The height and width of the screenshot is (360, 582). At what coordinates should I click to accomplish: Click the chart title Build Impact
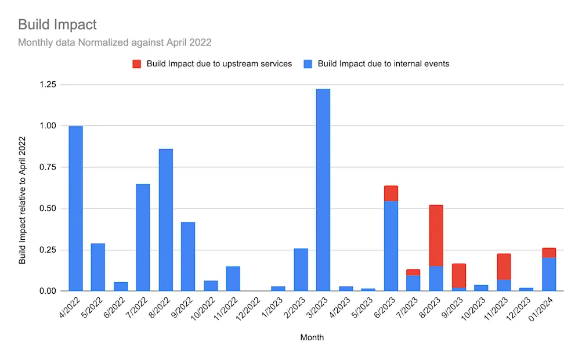57,24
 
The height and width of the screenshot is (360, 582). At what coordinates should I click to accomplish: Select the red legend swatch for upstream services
136,64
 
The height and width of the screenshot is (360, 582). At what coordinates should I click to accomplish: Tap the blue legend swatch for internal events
308,64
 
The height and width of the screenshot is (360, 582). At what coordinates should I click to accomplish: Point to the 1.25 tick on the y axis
47,85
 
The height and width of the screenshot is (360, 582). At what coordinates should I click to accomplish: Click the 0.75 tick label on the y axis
47,167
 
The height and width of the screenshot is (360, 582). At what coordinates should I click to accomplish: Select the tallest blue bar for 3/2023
323,192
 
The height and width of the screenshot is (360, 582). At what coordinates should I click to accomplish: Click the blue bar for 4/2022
75,209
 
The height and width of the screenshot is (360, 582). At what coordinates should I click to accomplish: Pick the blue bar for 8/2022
166,221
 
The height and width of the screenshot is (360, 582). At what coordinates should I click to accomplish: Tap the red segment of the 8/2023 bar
436,235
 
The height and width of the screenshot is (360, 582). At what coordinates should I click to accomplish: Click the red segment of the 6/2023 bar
391,193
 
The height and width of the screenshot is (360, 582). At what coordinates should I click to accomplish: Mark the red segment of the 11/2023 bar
504,267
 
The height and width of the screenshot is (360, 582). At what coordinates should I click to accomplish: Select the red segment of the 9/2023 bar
458,275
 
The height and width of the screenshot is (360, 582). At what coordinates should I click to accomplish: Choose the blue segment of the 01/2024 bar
549,274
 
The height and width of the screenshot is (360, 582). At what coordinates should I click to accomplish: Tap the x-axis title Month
312,337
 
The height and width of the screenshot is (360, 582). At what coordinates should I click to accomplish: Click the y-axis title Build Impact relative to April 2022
23,200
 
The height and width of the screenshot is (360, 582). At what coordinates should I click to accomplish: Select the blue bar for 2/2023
301,269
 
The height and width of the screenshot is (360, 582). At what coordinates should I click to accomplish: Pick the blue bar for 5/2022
98,267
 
